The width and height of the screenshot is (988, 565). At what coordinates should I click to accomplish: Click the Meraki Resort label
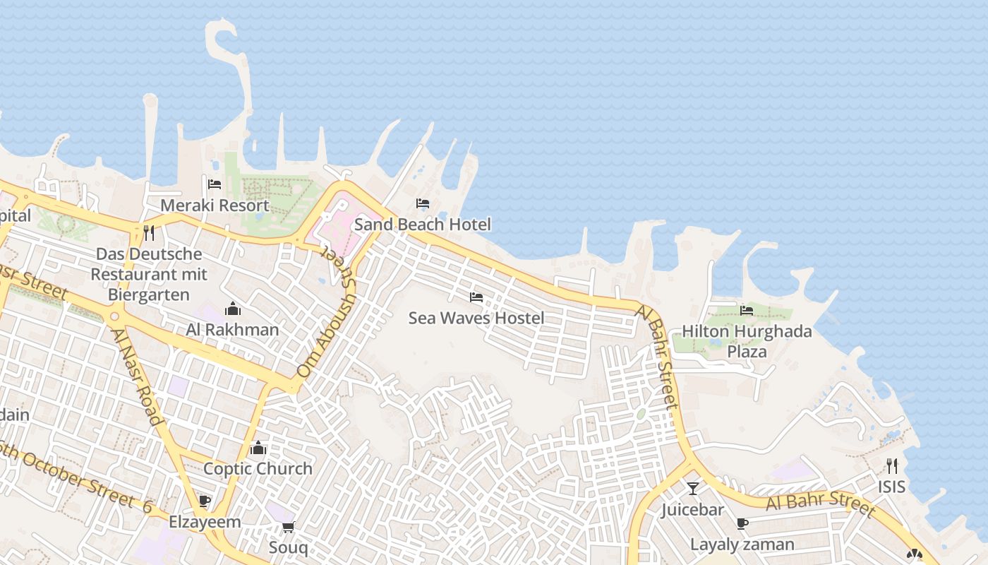click(x=215, y=206)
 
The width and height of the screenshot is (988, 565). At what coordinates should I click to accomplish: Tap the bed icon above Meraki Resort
click(x=215, y=185)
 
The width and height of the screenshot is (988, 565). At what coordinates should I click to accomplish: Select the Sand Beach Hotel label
click(x=422, y=225)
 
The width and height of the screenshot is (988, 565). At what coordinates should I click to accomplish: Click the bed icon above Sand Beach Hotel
click(x=423, y=204)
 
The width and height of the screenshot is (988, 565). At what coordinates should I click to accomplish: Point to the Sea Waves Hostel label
click(x=476, y=319)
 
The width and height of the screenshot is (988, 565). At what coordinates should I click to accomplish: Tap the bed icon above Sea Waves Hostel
click(x=476, y=298)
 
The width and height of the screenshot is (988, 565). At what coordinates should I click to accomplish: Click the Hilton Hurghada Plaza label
click(x=747, y=341)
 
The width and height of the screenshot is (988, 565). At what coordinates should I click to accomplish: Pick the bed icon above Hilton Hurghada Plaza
click(x=747, y=311)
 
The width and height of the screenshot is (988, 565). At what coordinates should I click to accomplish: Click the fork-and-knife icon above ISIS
click(x=892, y=466)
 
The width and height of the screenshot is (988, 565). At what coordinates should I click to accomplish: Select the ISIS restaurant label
click(x=891, y=487)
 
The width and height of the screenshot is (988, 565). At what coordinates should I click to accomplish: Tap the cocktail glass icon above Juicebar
click(x=693, y=489)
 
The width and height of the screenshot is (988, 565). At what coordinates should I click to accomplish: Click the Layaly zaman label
click(x=742, y=545)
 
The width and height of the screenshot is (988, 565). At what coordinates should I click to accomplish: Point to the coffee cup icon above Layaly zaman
click(x=742, y=524)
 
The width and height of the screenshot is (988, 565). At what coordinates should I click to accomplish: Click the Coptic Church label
click(x=258, y=469)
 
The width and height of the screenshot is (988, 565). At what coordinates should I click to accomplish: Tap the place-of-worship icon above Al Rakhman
click(x=232, y=309)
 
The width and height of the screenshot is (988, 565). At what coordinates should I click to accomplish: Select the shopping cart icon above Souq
click(x=288, y=528)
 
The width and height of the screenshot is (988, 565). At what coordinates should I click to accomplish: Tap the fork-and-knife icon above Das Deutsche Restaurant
click(x=149, y=233)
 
